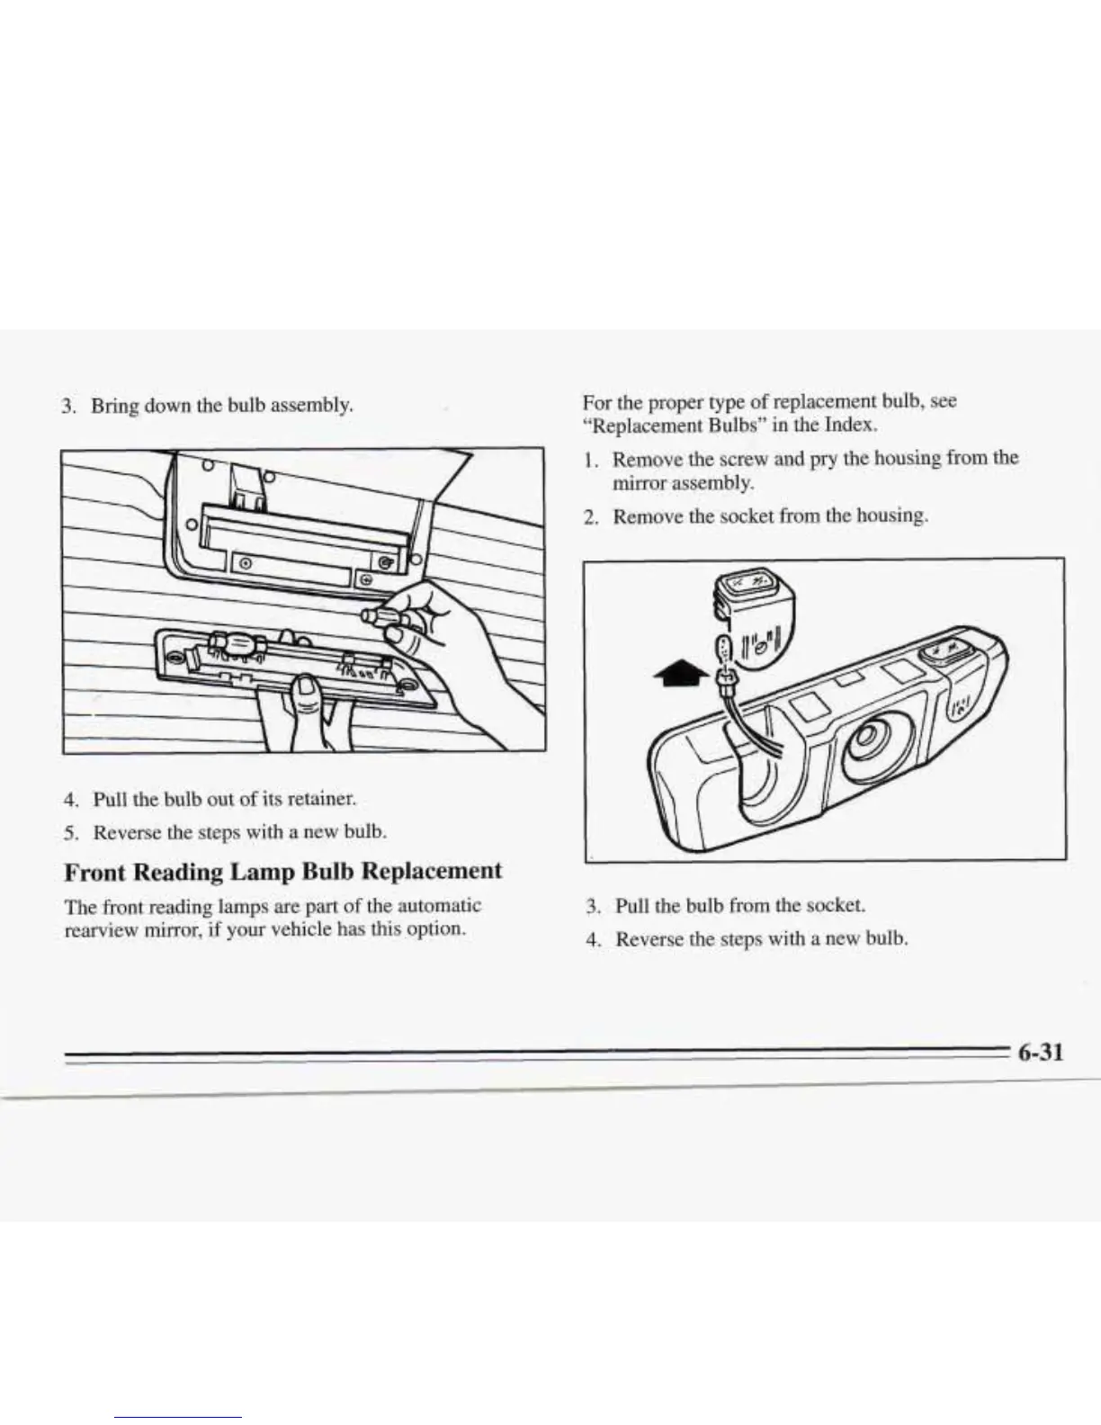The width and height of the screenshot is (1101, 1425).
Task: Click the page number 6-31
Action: (x=1041, y=1052)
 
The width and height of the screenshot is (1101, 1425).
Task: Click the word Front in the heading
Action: (x=97, y=872)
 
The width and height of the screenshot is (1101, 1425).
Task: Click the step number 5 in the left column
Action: (x=70, y=832)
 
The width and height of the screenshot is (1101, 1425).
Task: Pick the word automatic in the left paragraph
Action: (x=438, y=905)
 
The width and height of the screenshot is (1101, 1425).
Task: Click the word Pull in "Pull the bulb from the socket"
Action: (x=633, y=905)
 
